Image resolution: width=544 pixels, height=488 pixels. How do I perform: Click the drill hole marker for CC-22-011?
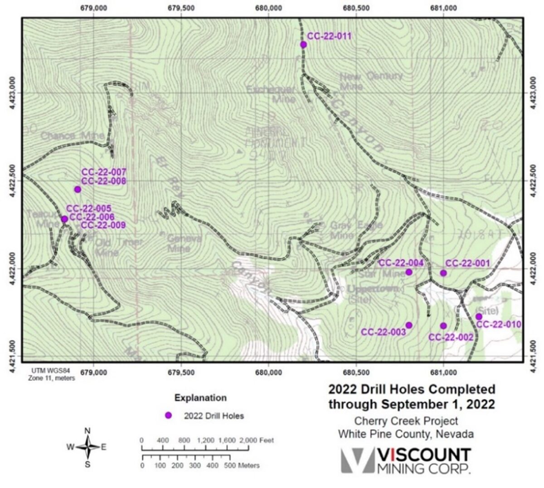pos(303,44)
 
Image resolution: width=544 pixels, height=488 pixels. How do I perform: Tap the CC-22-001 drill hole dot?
pos(443,273)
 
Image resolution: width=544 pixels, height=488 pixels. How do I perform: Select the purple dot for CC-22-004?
pos(409,272)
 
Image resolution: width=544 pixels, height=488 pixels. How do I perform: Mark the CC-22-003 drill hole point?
pos(409,325)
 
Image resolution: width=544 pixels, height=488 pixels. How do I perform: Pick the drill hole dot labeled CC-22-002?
pos(443,325)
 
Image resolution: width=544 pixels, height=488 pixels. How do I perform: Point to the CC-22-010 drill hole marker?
pos(479,316)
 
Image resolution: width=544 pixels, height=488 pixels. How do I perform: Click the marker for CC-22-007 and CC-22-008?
pos(78,189)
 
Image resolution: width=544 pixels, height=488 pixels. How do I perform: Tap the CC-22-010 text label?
pos(499,325)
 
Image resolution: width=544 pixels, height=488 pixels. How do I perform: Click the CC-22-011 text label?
pos(329,36)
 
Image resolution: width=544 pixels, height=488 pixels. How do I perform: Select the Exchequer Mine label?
pos(271,94)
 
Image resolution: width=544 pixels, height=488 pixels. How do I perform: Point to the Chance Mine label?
pos(73,135)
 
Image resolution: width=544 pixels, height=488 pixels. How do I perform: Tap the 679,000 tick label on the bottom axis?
pos(94,373)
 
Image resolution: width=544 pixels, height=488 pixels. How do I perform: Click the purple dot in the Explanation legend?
pos(168,415)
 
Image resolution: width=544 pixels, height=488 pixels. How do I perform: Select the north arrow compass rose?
pos(88,447)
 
